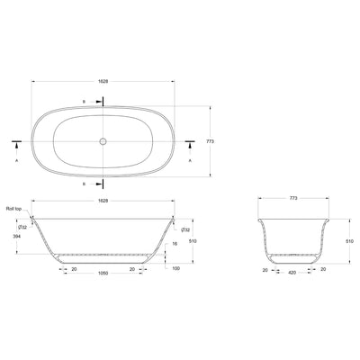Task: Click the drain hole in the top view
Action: click(103, 142)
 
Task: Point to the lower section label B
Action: click(85, 182)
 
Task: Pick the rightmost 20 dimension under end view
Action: click(324, 268)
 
